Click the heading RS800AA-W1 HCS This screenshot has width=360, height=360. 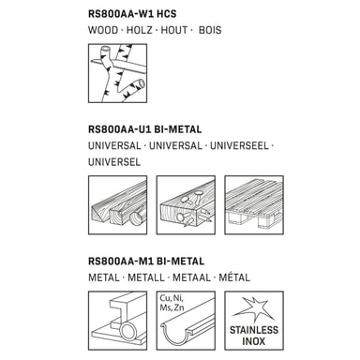click(132, 14)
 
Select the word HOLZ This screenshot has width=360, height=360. click(139, 30)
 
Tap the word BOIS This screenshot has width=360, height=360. click(210, 30)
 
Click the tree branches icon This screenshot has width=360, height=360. click(117, 73)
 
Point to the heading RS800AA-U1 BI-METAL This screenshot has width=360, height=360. click(145, 129)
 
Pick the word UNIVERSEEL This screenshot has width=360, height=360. click(239, 146)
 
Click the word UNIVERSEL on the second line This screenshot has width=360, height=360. click(114, 162)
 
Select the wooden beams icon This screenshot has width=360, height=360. click(117, 205)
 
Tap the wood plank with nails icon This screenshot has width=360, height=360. click(186, 205)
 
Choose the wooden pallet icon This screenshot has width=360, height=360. click(254, 205)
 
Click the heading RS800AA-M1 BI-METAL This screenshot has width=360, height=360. click(146, 262)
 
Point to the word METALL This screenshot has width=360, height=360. click(146, 277)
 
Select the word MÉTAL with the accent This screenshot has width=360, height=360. click(234, 277)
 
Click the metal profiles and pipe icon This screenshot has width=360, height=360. click(117, 321)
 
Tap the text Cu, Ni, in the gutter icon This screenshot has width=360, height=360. click(172, 298)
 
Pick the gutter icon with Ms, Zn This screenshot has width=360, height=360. click(186, 321)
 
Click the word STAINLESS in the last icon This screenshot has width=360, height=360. click(254, 330)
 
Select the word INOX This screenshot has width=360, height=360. click(254, 341)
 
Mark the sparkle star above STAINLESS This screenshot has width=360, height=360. click(254, 308)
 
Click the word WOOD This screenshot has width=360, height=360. click(103, 30)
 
